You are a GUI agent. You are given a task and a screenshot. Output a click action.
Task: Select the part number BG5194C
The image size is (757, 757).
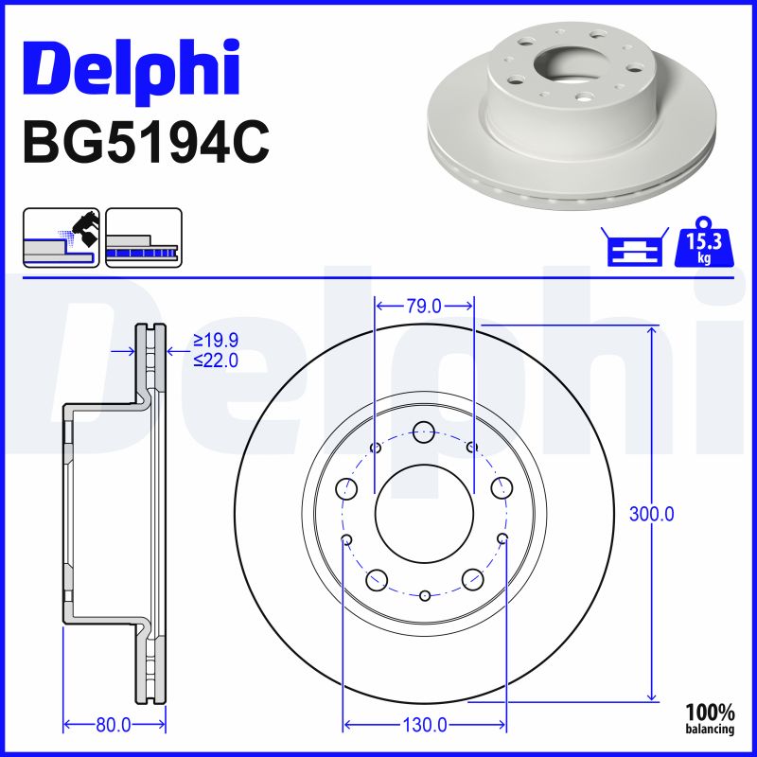tap(146, 142)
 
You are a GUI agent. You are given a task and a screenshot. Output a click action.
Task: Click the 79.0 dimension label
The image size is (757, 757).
tap(424, 306)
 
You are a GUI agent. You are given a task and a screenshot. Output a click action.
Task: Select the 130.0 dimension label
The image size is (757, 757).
tap(425, 725)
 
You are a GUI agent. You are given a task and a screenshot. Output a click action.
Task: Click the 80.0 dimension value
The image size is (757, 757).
tap(113, 725)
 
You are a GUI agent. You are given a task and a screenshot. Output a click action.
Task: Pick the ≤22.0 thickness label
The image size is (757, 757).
tap(215, 360)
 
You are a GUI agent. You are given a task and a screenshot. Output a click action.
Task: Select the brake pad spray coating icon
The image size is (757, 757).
tap(61, 238)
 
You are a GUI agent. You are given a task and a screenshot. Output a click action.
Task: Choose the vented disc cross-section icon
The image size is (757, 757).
tap(142, 238)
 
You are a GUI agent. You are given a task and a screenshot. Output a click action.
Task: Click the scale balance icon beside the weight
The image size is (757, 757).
tap(633, 249)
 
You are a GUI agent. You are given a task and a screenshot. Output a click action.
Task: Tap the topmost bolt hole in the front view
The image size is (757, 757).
tap(424, 431)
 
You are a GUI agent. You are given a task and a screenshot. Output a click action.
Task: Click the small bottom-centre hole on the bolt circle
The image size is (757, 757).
tap(425, 595)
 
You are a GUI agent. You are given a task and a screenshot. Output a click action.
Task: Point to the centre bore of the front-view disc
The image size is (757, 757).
tap(424, 513)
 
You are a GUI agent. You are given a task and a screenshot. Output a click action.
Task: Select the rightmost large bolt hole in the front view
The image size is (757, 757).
tap(502, 488)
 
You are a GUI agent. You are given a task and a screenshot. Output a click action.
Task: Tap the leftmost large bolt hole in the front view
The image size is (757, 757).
tap(347, 488)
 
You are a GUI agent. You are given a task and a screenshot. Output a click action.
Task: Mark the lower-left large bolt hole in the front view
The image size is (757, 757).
tap(377, 579)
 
